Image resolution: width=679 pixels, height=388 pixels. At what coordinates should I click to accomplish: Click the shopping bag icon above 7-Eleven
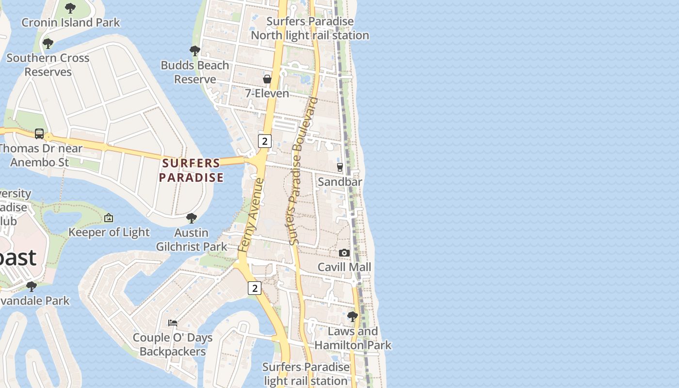267,79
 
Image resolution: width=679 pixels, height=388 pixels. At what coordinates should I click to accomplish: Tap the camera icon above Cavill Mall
344,253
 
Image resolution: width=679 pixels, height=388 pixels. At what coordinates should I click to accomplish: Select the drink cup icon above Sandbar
339,167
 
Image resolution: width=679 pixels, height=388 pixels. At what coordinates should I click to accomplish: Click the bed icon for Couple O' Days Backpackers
173,323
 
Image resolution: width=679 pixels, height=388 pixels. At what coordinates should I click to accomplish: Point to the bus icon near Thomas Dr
39,134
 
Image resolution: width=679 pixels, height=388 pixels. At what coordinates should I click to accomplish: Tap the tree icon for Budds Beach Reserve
194,51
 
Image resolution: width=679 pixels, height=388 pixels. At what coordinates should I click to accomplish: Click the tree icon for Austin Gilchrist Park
192,218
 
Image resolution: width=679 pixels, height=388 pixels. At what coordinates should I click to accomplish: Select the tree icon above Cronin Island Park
70,8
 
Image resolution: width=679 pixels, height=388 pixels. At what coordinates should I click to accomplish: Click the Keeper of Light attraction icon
109,218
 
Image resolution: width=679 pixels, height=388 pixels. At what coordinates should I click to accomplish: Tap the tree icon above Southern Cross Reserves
48,44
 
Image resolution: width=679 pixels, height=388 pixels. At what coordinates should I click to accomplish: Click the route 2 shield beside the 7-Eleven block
264,142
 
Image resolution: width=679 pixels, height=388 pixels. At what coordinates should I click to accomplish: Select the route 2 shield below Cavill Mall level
255,288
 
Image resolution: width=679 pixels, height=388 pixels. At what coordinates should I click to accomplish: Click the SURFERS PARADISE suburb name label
191,170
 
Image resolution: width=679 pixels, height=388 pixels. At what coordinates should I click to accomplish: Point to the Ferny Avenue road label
251,215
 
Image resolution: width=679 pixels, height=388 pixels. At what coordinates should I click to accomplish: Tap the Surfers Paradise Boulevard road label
303,171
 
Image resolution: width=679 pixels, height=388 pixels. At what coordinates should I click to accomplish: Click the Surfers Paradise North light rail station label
310,29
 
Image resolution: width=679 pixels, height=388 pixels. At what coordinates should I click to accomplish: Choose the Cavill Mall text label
344,267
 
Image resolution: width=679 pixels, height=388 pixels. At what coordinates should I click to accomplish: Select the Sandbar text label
340,182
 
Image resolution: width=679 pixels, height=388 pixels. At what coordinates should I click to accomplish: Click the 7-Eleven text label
267,93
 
